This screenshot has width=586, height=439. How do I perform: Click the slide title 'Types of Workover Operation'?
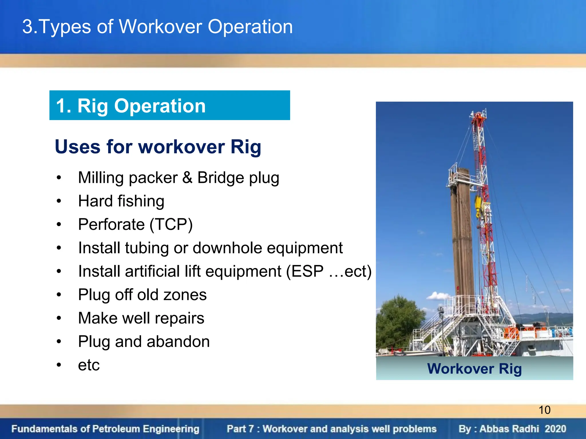[x=157, y=27]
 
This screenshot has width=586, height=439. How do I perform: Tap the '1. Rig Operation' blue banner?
[x=169, y=105]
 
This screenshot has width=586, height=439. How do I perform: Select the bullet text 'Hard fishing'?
[x=121, y=201]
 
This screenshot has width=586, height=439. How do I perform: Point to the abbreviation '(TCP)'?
[x=171, y=224]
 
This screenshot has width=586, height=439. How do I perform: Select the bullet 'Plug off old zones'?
[x=142, y=295]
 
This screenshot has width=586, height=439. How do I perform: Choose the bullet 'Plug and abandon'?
[x=144, y=342]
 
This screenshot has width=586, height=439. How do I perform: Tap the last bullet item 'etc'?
[x=89, y=365]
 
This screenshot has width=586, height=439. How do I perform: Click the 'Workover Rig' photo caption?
[x=474, y=368]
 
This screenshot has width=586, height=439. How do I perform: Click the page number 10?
[x=544, y=410]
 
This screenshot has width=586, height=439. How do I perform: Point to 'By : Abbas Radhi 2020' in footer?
[x=512, y=429]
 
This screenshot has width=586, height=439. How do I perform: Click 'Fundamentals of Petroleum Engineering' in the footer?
[x=105, y=429]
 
